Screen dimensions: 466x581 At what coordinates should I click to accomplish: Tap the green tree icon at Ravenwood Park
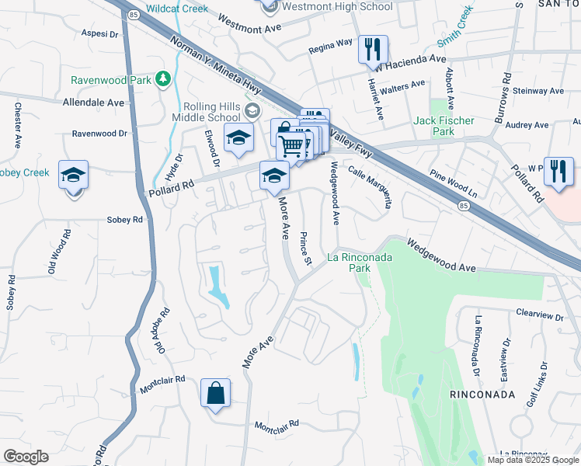[x=163, y=78]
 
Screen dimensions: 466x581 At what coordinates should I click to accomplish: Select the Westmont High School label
[x=337, y=6]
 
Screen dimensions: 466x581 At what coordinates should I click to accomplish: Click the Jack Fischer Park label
[x=444, y=126]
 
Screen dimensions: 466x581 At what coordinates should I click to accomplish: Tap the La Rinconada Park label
[x=359, y=262]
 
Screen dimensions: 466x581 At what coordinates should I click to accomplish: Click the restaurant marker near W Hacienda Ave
[x=373, y=50]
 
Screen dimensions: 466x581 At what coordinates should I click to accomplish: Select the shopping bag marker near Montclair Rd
[x=215, y=393]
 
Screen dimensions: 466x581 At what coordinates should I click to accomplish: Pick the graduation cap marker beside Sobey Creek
[x=73, y=176]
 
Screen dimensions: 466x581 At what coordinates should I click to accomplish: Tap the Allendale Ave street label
[x=93, y=103]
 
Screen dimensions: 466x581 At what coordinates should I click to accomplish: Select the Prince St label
[x=306, y=247]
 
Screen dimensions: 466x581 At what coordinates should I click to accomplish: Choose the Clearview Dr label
[x=539, y=315]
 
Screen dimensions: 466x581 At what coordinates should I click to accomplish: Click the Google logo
[x=26, y=457]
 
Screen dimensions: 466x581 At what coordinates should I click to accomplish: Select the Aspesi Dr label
[x=99, y=35]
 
